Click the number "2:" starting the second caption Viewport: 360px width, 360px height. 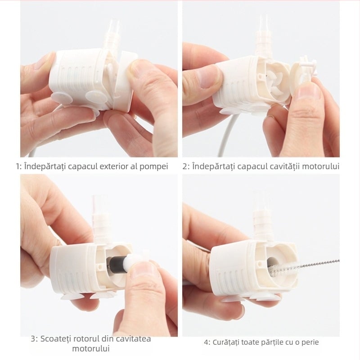(186, 166)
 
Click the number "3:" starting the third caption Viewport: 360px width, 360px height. (35, 339)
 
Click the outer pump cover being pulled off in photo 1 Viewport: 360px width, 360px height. (124, 79)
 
